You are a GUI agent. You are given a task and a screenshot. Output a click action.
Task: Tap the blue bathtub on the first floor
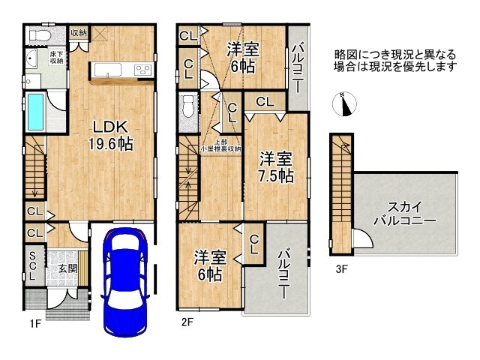coord(35,112)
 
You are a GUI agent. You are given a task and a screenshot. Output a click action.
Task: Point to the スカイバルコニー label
coord(406,214)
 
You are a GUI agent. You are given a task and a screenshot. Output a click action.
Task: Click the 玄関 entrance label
coord(58,268)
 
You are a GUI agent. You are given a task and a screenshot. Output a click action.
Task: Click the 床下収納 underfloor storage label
coord(56,58)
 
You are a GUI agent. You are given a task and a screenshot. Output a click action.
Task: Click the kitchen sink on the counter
coord(109,70)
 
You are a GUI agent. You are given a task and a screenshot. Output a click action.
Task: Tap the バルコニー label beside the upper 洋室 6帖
coord(298,64)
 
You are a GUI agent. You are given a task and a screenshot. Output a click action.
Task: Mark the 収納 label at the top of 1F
coord(78,32)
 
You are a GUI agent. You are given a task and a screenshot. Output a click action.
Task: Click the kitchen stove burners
coord(142,70)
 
